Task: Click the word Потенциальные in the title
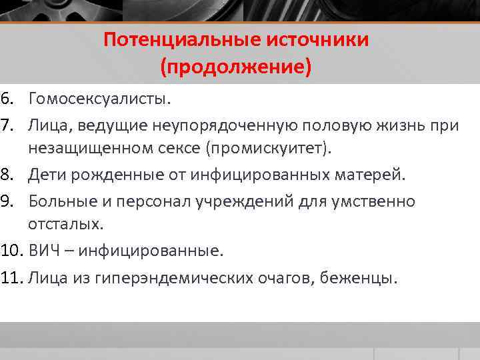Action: pos(183,40)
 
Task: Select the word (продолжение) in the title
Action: pos(235,67)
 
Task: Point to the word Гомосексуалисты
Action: pos(99,99)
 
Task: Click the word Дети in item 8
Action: pos(47,175)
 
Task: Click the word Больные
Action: pos(61,201)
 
